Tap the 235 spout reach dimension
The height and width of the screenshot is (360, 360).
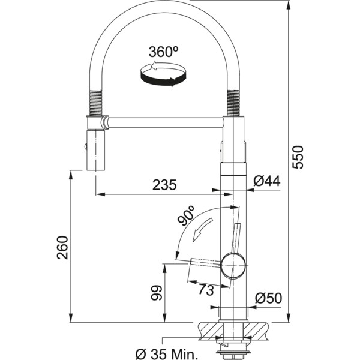[164, 185]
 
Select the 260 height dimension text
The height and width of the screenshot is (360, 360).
[62, 247]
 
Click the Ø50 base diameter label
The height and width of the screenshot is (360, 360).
[268, 297]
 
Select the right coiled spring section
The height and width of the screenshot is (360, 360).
[233, 101]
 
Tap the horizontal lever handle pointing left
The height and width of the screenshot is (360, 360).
[205, 262]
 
